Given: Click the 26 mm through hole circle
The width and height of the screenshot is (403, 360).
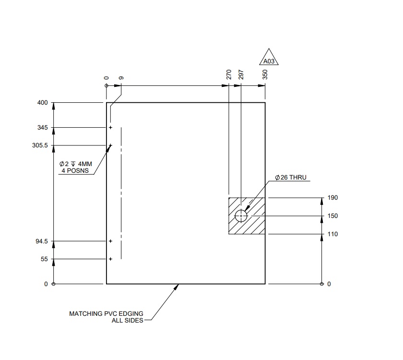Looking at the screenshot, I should [x=241, y=216].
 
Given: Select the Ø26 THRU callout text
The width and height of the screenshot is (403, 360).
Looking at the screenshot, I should [x=293, y=178].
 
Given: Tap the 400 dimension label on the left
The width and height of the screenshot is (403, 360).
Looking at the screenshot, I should [x=43, y=103].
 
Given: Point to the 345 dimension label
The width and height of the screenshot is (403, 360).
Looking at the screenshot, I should [x=43, y=128].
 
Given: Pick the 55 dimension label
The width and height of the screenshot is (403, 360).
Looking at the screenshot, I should [x=44, y=259].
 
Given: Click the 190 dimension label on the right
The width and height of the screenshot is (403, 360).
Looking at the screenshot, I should [x=332, y=198].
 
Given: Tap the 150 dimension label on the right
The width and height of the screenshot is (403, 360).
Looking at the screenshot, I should [x=332, y=216].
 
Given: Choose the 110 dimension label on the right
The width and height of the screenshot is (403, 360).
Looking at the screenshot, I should [x=332, y=234].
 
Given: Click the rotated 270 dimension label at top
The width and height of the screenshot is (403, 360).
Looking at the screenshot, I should [x=229, y=74].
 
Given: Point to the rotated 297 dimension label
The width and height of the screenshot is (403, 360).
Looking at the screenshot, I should [x=241, y=74].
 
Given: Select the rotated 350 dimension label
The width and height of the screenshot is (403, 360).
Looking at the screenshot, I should [x=265, y=74].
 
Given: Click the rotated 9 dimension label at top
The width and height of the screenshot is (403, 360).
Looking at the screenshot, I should [x=121, y=77].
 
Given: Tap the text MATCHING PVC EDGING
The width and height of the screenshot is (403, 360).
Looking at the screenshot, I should [x=106, y=313].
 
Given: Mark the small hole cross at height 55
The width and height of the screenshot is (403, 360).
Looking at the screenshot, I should [x=110, y=259].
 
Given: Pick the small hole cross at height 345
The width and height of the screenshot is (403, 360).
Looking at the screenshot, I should [x=110, y=128].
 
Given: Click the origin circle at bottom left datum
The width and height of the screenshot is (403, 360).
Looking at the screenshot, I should [x=53, y=284].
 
